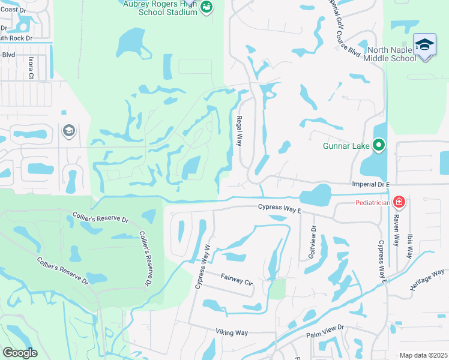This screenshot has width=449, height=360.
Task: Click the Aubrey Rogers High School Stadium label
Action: [159, 7]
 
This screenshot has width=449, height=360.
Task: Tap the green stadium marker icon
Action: [206, 7]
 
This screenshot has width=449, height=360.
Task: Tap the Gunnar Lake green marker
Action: [378, 145]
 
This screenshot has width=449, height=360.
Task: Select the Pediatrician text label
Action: [368, 202]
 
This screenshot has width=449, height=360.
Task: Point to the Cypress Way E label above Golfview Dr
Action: [279, 206]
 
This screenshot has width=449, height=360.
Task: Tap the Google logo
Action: [20, 352]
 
